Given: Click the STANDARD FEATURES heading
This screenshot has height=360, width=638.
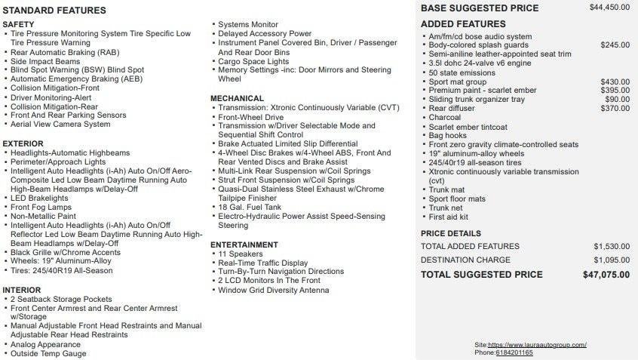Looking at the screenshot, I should pyautogui.click(x=55, y=11).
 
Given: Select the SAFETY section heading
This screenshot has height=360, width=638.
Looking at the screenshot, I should pyautogui.click(x=18, y=25).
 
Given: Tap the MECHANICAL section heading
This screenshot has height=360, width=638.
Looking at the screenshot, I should pyautogui.click(x=237, y=98).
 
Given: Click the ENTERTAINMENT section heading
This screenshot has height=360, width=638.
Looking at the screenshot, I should pyautogui.click(x=244, y=245).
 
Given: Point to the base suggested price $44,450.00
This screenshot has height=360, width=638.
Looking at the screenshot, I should pyautogui.click(x=609, y=8).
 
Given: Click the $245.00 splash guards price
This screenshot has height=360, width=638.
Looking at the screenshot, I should pyautogui.click(x=615, y=45).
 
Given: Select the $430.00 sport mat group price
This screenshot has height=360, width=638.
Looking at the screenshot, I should pyautogui.click(x=615, y=82).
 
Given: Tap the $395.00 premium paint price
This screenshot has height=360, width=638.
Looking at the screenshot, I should pyautogui.click(x=615, y=91).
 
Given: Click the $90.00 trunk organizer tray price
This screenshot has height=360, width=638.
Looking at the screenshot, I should pyautogui.click(x=617, y=100).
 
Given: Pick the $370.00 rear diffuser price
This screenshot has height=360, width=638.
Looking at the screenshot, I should pyautogui.click(x=615, y=109).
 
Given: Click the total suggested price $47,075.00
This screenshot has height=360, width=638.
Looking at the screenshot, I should pyautogui.click(x=606, y=275).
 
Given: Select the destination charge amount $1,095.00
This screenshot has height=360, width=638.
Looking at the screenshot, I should pyautogui.click(x=611, y=260).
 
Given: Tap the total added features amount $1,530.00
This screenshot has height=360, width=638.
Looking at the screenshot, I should pyautogui.click(x=611, y=246).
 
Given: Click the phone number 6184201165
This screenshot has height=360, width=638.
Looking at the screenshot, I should pyautogui.click(x=514, y=352).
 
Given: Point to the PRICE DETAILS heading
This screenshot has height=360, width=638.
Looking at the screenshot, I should pyautogui.click(x=450, y=233).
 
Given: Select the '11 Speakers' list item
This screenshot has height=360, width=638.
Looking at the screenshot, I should pyautogui.click(x=239, y=254).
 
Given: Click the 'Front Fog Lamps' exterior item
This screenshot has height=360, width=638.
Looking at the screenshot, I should pyautogui.click(x=41, y=207).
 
